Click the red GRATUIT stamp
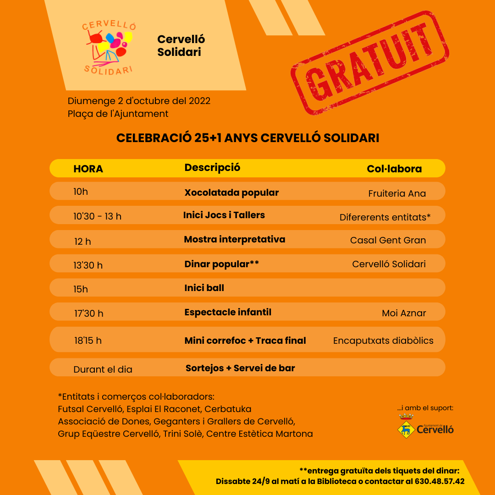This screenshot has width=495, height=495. [x=369, y=63]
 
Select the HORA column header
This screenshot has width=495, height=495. [x=88, y=169]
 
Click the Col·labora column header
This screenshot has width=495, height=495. [x=394, y=169]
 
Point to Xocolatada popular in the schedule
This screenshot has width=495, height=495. [x=231, y=192]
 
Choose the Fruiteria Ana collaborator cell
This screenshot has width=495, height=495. [x=397, y=193]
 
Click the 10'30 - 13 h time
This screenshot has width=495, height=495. [x=97, y=216]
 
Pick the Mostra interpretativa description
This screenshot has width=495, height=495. [x=234, y=239]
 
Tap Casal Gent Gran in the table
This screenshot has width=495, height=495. [x=388, y=240]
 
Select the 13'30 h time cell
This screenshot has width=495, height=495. [x=88, y=265]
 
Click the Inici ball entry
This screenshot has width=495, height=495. [x=204, y=288]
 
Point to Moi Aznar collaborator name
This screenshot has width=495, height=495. [x=404, y=313]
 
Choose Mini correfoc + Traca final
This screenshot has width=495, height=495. [x=245, y=341]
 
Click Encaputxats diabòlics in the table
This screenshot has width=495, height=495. [x=383, y=341]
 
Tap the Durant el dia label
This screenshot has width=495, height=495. [x=103, y=369]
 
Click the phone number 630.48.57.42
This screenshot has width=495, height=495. [x=440, y=482]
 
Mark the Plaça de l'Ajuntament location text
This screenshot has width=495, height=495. [x=118, y=114]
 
